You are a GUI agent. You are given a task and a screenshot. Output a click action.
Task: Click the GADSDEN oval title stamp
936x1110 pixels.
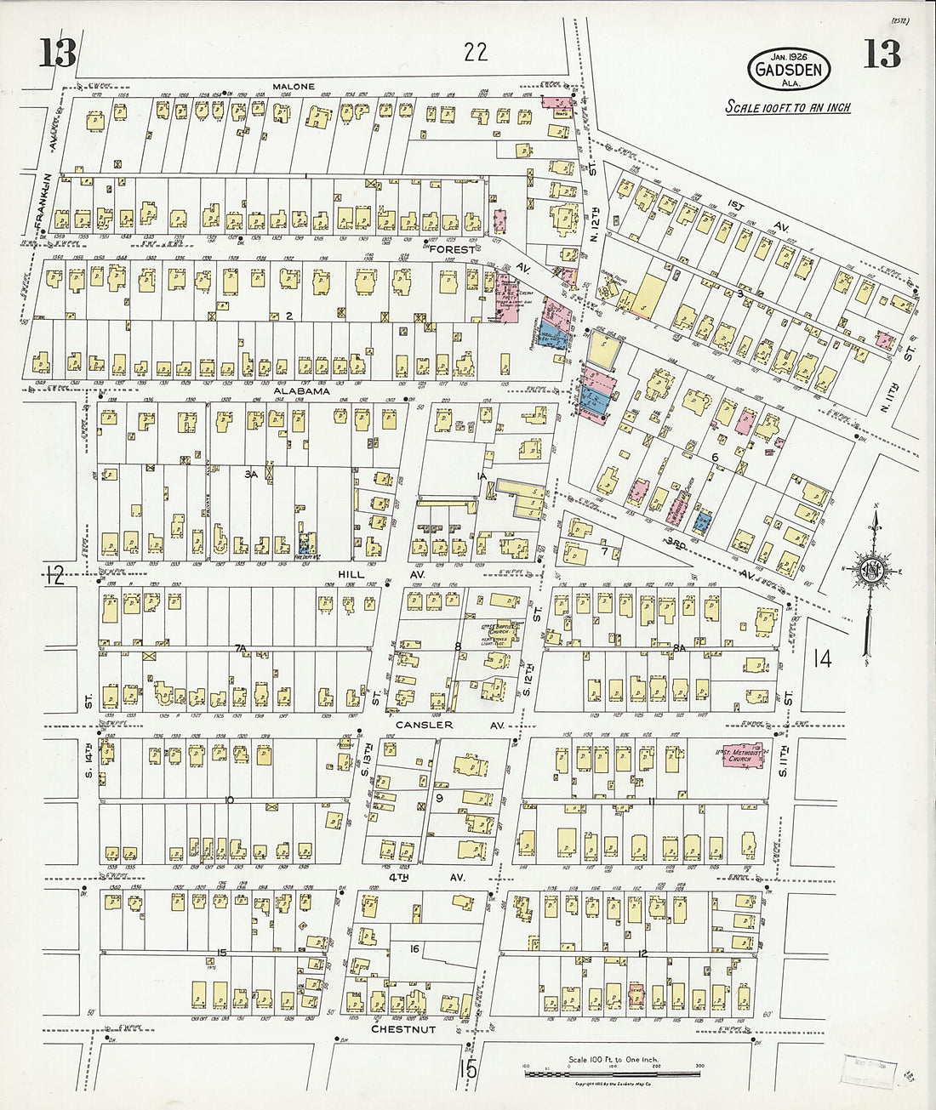(786, 66)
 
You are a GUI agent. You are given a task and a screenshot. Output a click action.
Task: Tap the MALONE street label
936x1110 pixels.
(294, 87)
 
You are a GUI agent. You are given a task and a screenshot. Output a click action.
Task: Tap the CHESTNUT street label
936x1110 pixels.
(402, 1029)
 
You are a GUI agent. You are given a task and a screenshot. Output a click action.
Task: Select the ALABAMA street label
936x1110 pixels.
(300, 392)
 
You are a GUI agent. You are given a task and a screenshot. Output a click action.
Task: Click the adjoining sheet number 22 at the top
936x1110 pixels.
(476, 53)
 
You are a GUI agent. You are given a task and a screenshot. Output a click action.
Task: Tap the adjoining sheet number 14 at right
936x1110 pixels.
(823, 657)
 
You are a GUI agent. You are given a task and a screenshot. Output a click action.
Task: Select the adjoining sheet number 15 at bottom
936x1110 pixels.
(469, 1069)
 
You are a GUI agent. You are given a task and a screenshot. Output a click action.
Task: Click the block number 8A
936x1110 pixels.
(678, 648)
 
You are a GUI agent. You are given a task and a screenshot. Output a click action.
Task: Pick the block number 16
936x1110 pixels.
(414, 948)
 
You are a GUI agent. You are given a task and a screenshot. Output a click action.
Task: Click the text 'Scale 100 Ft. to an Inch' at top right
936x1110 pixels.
(787, 108)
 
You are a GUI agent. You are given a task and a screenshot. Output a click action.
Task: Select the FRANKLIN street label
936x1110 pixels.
(39, 200)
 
